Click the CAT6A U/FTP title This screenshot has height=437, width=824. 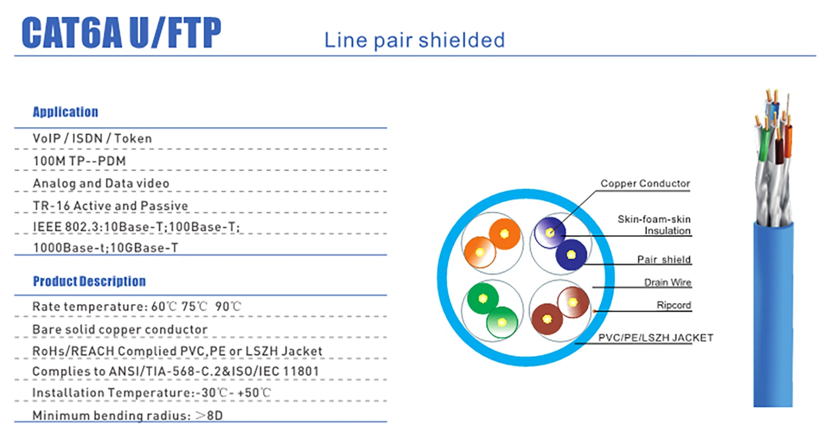tap(122, 33)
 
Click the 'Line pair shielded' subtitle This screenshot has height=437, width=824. tap(415, 40)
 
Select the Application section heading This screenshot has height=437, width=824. tap(65, 112)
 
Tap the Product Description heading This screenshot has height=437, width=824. tap(89, 281)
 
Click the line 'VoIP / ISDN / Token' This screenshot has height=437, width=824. tap(92, 138)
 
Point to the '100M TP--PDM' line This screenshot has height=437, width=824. tap(79, 161)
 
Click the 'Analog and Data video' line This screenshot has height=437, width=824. tap(101, 183)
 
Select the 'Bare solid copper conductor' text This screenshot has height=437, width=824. tap(120, 329)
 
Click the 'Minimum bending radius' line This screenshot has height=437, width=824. tap(127, 415)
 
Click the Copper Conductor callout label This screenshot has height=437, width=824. tap(645, 183)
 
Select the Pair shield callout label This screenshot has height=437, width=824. tap(664, 259)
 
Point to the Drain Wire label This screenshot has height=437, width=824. tap(667, 282)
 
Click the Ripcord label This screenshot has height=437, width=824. tap(674, 305)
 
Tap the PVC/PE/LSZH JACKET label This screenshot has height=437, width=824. tap(656, 338)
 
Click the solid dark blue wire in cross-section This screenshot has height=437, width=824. tap(572, 255)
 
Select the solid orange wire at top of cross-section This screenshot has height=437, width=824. tap(505, 234)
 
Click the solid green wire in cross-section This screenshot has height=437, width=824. tap(483, 299)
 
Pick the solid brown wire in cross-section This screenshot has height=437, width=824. tap(547, 319)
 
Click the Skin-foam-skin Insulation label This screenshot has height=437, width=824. tap(654, 225)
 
